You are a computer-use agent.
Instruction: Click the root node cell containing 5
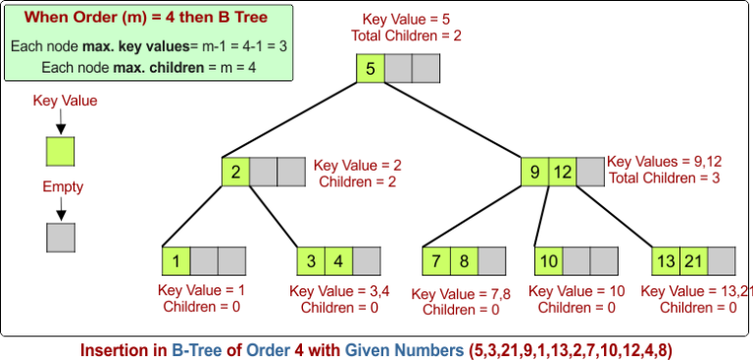[371, 69]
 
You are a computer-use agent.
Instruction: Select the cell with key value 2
[235, 173]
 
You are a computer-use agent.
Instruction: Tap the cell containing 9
[534, 173]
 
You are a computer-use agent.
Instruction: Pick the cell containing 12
[562, 173]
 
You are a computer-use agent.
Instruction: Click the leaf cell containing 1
[176, 261]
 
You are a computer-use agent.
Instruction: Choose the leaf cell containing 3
[311, 261]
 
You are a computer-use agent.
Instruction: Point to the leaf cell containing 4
[338, 261]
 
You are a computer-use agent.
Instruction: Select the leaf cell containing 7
[436, 261]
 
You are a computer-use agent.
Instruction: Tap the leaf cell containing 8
[464, 261]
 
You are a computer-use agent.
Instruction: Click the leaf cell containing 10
[548, 261]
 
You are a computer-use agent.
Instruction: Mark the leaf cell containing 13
[666, 261]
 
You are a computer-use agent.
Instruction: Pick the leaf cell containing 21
[693, 261]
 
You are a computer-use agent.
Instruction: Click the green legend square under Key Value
[61, 151]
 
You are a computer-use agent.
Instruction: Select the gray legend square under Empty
[61, 237]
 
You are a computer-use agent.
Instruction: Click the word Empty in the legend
[63, 186]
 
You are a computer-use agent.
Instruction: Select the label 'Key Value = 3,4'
[336, 291]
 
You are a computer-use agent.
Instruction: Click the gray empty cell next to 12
[589, 173]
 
